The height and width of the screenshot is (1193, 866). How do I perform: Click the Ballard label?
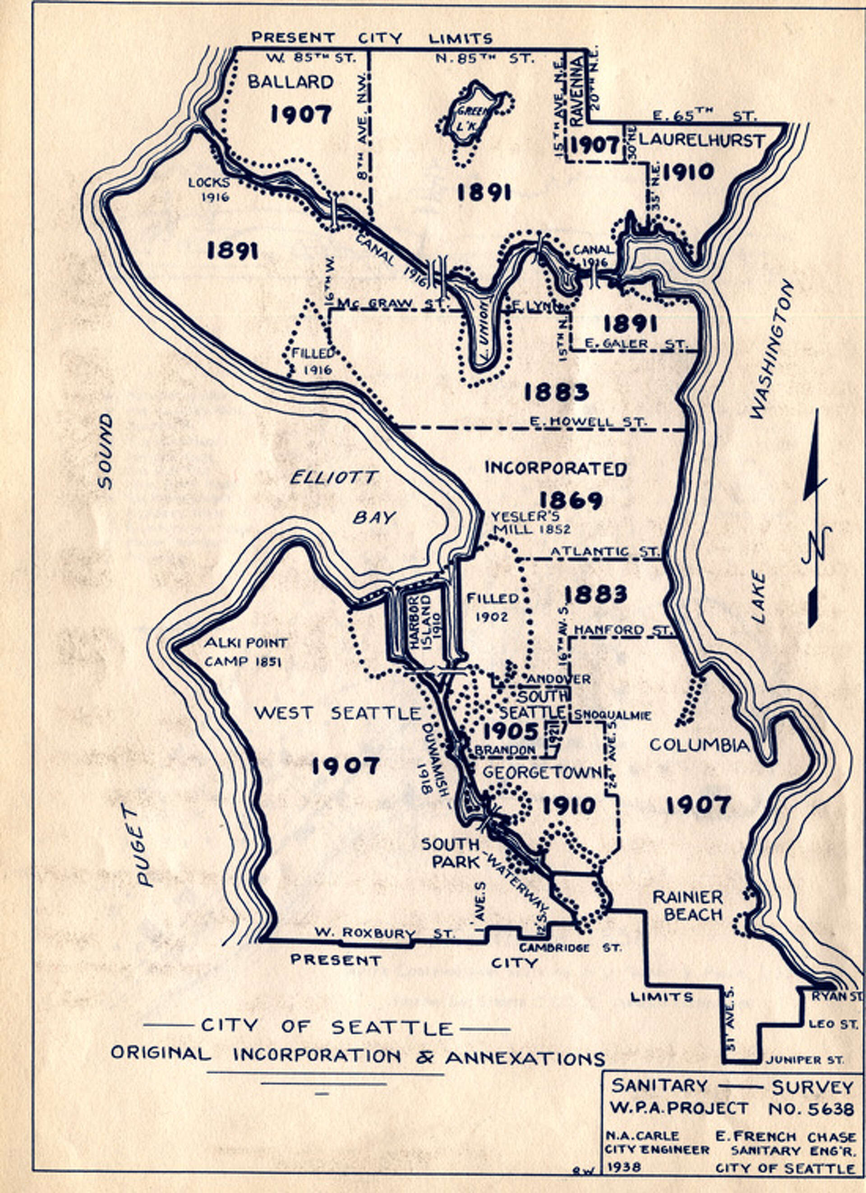click(x=290, y=82)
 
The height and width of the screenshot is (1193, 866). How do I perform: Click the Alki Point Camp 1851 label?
click(x=245, y=651)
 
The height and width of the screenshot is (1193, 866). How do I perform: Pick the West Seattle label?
click(x=337, y=713)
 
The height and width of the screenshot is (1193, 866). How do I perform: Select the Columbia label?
click(x=699, y=745)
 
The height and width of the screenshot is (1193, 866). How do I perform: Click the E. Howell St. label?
click(x=587, y=422)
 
